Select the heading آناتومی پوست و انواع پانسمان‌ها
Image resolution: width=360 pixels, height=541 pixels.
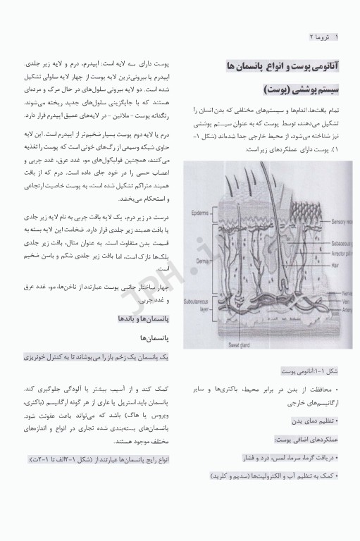pos(284,66)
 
